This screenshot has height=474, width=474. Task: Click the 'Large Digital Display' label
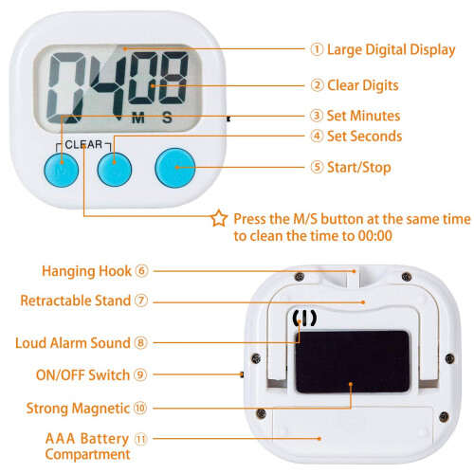coord(392,50)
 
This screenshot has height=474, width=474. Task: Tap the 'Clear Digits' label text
coord(362,85)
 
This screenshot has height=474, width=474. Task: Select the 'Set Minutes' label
coord(363,116)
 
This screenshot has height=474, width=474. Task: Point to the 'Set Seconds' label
coord(364,137)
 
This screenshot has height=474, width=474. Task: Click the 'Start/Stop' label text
coord(359,168)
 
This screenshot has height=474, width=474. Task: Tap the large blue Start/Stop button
coord(175,168)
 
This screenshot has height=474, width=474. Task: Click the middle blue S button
coord(115,169)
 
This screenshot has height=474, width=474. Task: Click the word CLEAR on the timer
coord(83,144)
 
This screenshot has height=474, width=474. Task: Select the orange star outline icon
coord(219,218)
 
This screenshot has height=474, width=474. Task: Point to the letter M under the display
coord(138,118)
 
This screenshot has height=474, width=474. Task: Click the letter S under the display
coord(167,118)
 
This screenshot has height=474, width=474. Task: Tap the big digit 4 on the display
coord(109,85)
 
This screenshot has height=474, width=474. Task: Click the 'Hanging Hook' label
coord(86,271)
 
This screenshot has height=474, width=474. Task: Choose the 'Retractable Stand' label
coord(76,301)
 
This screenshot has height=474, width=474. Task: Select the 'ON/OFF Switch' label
coord(82,375)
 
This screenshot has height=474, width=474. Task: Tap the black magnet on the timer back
coord(353,362)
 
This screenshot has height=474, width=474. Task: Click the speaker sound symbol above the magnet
coord(304,318)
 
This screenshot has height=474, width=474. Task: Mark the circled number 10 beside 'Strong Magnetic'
coord(140,408)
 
